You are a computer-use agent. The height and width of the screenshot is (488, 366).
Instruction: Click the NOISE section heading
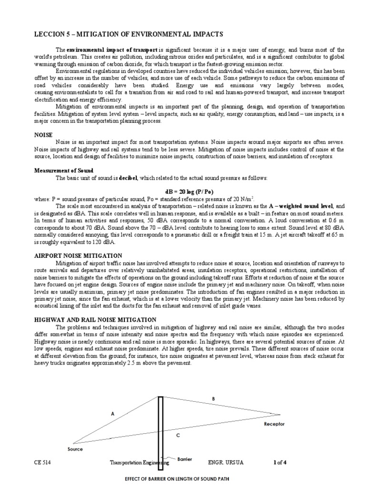(43, 135)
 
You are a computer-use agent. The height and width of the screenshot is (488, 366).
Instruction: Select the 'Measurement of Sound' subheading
(64, 170)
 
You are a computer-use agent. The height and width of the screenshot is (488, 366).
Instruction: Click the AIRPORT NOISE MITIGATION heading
(78, 256)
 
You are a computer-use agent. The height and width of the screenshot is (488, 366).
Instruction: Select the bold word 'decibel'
(128, 178)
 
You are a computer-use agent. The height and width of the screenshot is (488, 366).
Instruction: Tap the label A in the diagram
(113, 414)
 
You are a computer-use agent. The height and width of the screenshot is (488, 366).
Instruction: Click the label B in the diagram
(213, 398)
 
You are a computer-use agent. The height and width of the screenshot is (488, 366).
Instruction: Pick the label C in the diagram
(178, 435)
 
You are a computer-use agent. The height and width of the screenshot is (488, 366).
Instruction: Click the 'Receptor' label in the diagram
(274, 424)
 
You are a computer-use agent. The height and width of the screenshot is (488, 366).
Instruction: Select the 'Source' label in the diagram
(75, 449)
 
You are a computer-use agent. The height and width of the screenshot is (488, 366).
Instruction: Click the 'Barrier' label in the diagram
(184, 459)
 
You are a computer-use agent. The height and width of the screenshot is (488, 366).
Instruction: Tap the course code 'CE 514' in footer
(42, 462)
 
